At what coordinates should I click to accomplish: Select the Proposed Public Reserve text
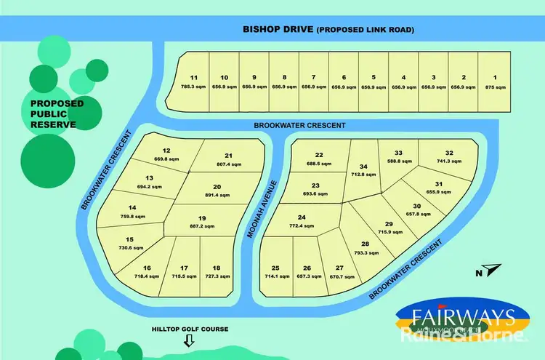click(x=57, y=113)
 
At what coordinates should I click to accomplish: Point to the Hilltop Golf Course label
click(x=190, y=329)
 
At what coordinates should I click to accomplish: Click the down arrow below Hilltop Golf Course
click(x=190, y=341)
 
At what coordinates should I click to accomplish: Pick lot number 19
click(x=202, y=218)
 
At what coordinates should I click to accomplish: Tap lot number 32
click(x=449, y=153)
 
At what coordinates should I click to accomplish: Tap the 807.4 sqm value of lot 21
click(x=227, y=164)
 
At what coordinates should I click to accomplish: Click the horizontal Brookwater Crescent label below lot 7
click(x=299, y=125)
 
